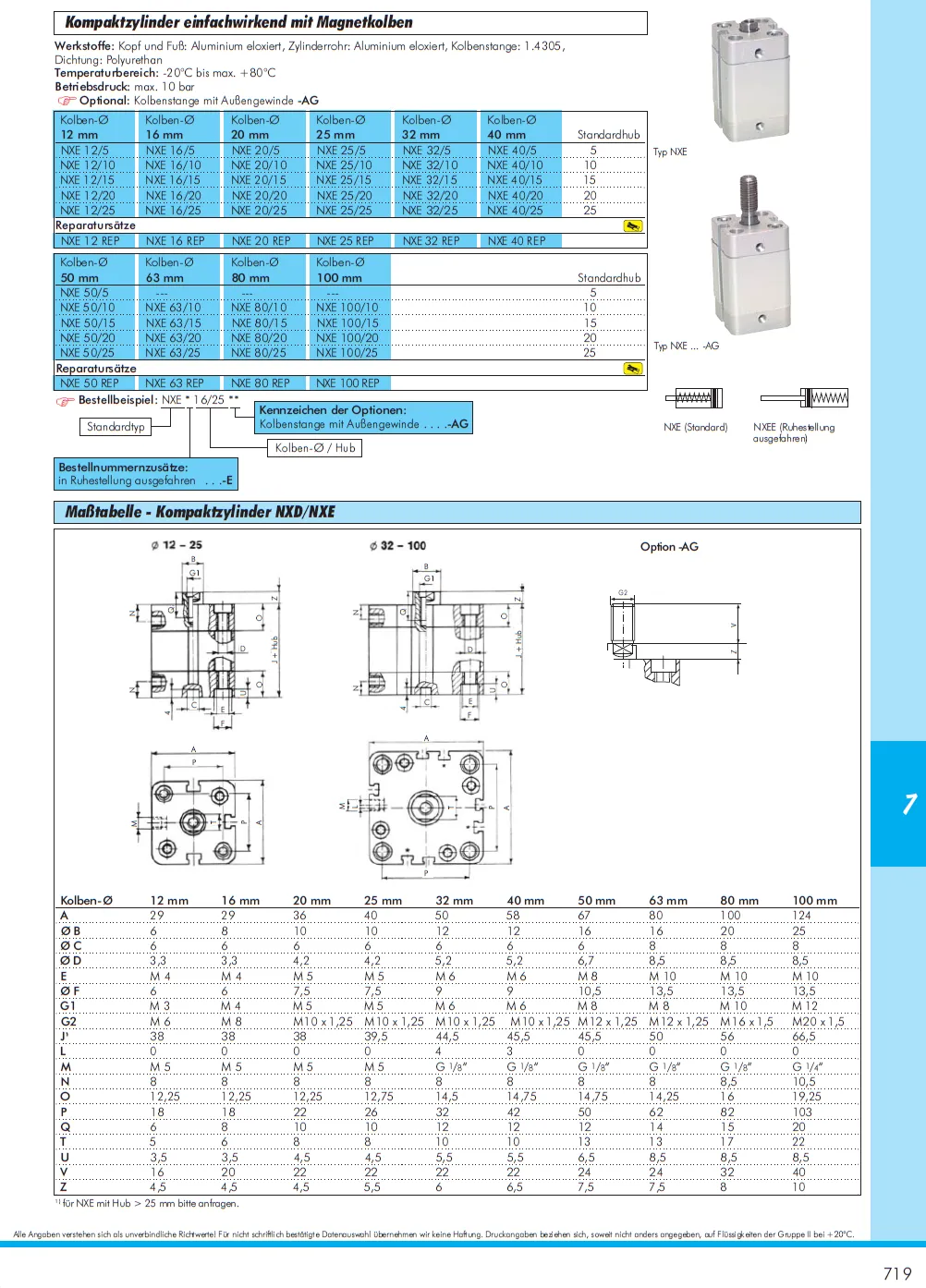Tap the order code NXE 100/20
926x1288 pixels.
(347, 338)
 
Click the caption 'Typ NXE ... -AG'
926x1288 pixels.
(686, 346)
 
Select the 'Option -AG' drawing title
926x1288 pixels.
(669, 547)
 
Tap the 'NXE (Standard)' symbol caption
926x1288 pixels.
(695, 428)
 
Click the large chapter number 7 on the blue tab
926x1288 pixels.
(909, 804)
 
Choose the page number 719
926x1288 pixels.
(896, 1273)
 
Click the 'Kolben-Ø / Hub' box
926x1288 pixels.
(315, 448)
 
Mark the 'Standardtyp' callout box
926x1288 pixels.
(116, 427)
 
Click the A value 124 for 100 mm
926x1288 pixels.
(801, 916)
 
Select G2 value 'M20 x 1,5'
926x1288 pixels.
(818, 1022)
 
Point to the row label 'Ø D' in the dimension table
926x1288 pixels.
(71, 961)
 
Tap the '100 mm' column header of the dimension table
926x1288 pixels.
(814, 901)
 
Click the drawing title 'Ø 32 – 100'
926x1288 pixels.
(397, 545)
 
